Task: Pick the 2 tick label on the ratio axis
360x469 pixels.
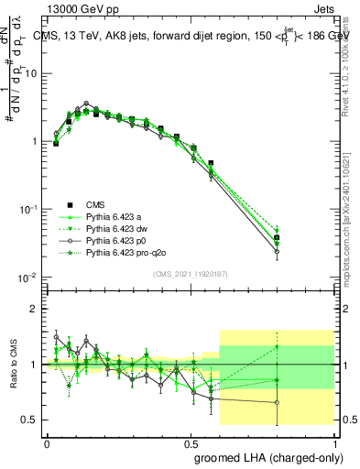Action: click(x=35, y=309)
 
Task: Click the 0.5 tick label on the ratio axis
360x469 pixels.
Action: click(x=31, y=420)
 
